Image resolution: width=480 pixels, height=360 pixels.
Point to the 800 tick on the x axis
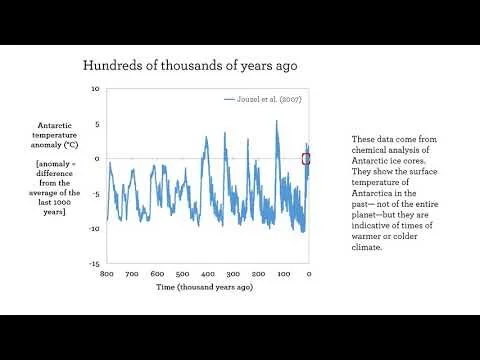pyautogui.click(x=107, y=273)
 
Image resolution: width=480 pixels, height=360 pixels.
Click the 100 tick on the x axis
pyautogui.click(x=283, y=273)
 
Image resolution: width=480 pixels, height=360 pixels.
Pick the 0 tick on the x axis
pyautogui.click(x=308, y=273)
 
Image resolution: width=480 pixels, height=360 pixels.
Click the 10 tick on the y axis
pyautogui.click(x=95, y=89)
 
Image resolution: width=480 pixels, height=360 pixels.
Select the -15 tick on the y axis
pyautogui.click(x=93, y=264)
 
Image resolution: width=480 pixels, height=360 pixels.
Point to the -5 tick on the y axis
pyautogui.click(x=95, y=194)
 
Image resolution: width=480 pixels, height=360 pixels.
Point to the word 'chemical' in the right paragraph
pyautogui.click(x=368, y=150)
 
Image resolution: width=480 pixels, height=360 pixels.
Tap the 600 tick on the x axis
pyautogui.click(x=157, y=273)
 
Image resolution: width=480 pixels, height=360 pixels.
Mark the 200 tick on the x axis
pyautogui.click(x=258, y=273)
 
